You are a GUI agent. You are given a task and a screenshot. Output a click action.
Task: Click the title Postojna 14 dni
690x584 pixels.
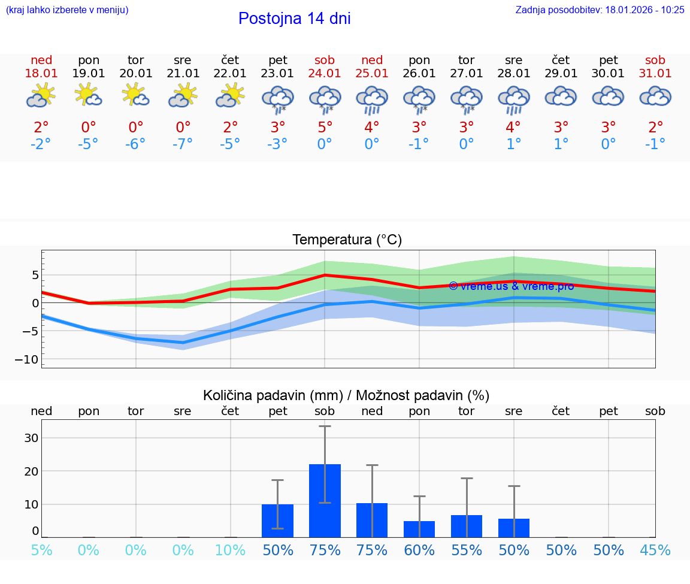294,19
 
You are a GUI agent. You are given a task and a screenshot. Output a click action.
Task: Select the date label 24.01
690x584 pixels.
325,74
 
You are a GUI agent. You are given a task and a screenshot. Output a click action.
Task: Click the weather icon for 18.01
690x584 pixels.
41,96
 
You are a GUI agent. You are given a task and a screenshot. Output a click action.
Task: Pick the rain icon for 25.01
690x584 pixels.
372,99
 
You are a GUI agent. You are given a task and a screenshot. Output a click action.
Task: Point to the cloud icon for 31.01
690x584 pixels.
655,96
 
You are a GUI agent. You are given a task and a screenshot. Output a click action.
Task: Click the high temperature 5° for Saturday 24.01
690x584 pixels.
325,127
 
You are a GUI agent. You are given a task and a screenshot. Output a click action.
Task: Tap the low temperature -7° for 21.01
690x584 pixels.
183,144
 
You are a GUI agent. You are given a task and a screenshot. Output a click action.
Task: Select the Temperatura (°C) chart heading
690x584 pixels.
347,240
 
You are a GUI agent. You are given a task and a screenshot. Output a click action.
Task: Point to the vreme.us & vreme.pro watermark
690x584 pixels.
511,286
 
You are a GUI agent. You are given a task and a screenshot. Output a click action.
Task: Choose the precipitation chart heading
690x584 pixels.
346,395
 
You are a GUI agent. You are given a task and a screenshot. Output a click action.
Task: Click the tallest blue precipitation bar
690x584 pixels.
325,500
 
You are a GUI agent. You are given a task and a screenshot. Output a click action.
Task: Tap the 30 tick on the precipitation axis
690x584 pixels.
31,438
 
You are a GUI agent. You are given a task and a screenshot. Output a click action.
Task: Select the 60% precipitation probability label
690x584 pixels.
419,550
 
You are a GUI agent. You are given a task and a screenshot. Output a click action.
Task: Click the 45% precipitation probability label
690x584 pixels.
655,550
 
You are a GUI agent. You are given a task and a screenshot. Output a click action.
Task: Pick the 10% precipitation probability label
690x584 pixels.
230,550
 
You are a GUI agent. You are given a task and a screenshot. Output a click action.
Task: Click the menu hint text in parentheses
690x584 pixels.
67,10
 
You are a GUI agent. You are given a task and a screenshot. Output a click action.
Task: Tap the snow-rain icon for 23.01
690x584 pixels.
277,99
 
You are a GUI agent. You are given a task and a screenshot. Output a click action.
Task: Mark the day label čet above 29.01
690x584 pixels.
561,60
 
